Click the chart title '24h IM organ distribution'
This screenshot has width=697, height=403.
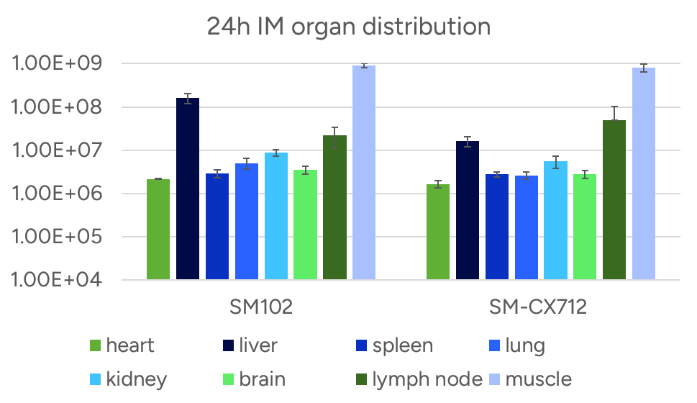(348, 27)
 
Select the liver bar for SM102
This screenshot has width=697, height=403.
(188, 189)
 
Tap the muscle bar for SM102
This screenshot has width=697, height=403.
(364, 173)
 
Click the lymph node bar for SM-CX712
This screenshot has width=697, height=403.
(614, 199)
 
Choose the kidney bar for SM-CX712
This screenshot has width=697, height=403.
(555, 220)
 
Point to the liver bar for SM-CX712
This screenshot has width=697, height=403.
(467, 210)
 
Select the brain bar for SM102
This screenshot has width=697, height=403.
(305, 225)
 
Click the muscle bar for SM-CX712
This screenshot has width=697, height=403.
(643, 173)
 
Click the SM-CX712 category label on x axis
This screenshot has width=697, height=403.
(537, 307)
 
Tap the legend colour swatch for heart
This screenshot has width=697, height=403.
(94, 346)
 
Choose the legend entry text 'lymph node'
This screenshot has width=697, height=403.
(427, 379)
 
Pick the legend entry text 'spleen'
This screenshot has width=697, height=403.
(403, 346)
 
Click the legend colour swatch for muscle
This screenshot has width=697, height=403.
(494, 379)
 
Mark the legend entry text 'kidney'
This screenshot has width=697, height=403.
(137, 379)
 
